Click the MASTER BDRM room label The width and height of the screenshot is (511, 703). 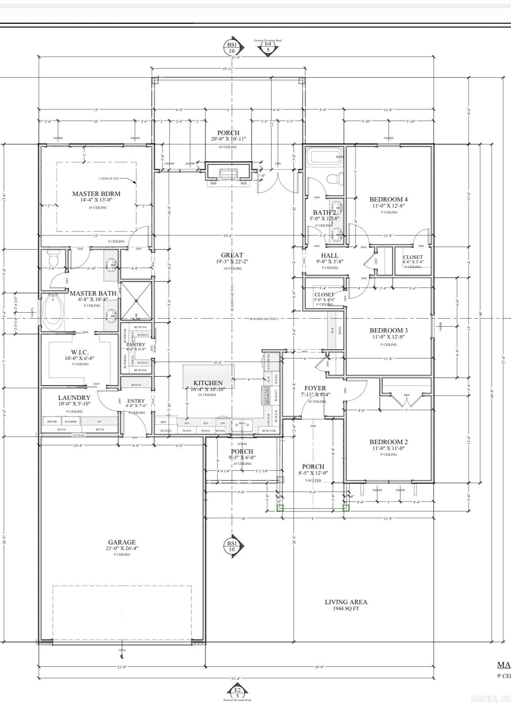pyautogui.click(x=96, y=194)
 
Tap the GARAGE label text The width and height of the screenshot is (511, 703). pyautogui.click(x=122, y=542)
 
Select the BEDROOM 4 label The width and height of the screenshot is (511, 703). pyautogui.click(x=388, y=200)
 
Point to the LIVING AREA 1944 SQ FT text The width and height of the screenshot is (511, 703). pyautogui.click(x=346, y=605)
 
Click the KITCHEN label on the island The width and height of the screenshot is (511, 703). pyautogui.click(x=208, y=383)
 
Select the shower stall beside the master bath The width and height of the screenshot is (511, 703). pyautogui.click(x=136, y=301)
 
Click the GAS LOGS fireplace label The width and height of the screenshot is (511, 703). pyautogui.click(x=228, y=179)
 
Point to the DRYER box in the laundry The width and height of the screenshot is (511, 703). pyautogui.click(x=52, y=421)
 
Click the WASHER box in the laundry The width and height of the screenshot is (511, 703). pyautogui.click(x=70, y=421)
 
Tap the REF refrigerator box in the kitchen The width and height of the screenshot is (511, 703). pyautogui.click(x=163, y=422)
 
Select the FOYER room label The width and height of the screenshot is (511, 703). pyautogui.click(x=315, y=388)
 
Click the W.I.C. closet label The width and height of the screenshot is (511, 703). pyautogui.click(x=80, y=352)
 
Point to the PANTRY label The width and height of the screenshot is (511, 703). pyautogui.click(x=136, y=345)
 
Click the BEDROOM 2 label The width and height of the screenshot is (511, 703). pyautogui.click(x=388, y=442)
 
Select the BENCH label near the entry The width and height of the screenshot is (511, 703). pyautogui.click(x=136, y=385)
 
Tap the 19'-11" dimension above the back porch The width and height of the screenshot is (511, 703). pyautogui.click(x=228, y=69)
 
